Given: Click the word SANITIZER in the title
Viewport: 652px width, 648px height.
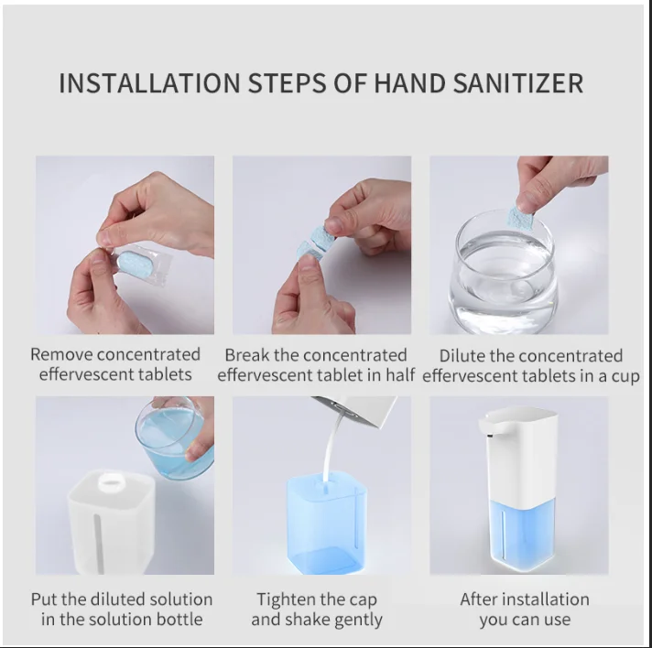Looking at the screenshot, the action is point(517,83).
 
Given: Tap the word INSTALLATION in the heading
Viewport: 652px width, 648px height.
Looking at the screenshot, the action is point(149,83).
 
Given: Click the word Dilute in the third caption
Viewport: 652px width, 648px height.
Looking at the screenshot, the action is point(462,356).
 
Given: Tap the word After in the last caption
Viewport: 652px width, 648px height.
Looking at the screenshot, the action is point(478,599).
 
